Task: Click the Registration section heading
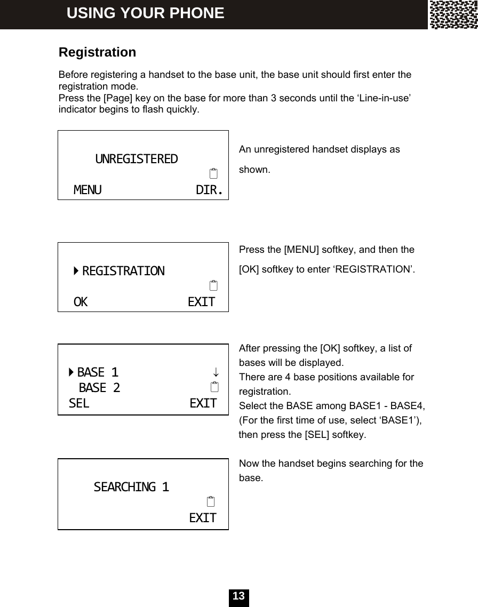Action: click(97, 53)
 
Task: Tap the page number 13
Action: click(239, 596)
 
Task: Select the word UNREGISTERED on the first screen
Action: click(137, 159)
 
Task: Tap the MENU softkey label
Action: click(87, 190)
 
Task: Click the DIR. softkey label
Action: click(209, 190)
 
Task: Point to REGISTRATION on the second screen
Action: click(123, 271)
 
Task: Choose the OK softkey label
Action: click(81, 302)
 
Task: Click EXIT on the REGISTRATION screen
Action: click(202, 302)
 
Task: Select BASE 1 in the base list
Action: click(98, 371)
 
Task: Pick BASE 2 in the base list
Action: click(99, 387)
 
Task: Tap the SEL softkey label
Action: click(79, 403)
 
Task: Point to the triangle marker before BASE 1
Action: click(71, 371)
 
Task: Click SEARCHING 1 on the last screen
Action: click(131, 487)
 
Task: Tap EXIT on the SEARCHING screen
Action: click(203, 518)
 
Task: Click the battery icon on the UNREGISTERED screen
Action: click(213, 174)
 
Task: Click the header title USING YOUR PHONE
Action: click(145, 13)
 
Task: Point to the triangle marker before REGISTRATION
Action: click(77, 271)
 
